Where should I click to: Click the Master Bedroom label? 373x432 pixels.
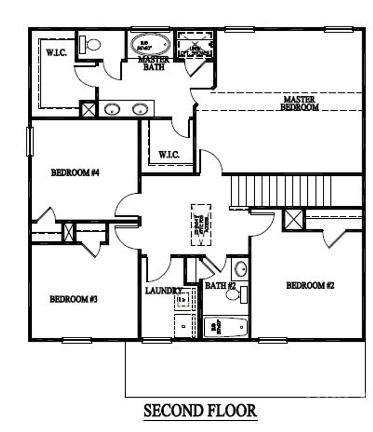pyautogui.click(x=299, y=103)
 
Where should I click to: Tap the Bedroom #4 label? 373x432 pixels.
pyautogui.click(x=75, y=172)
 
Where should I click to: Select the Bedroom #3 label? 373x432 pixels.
pyautogui.click(x=74, y=299)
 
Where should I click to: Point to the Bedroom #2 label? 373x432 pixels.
pyautogui.click(x=310, y=285)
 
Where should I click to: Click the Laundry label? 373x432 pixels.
pyautogui.click(x=164, y=291)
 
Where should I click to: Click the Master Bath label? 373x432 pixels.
pyautogui.click(x=153, y=63)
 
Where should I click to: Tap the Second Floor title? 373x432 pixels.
pyautogui.click(x=200, y=411)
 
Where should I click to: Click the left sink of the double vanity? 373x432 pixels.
pyautogui.click(x=112, y=109)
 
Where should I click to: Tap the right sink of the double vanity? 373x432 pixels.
pyautogui.click(x=140, y=109)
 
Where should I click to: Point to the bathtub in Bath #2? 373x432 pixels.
pyautogui.click(x=226, y=327)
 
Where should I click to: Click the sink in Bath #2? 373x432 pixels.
pyautogui.click(x=241, y=269)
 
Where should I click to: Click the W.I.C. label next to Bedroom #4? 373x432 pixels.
pyautogui.click(x=169, y=155)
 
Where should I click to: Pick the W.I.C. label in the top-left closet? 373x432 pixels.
pyautogui.click(x=56, y=52)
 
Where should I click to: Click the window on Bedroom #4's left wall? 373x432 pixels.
pyautogui.click(x=30, y=141)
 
